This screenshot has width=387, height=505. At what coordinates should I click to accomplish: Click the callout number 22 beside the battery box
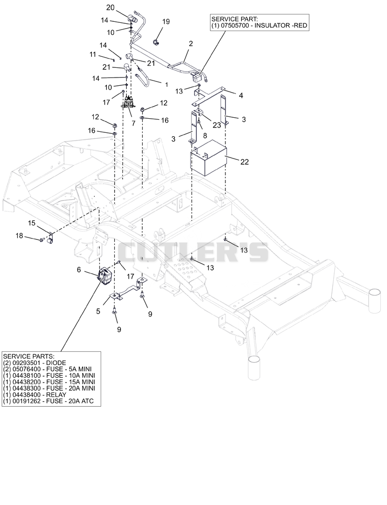[x=245, y=162]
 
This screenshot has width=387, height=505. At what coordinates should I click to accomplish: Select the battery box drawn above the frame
[x=209, y=158]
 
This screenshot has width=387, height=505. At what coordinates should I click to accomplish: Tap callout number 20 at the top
[x=110, y=7]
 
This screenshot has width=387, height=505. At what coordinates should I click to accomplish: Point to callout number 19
[x=166, y=22]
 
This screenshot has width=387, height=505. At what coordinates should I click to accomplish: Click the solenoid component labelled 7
[x=129, y=101]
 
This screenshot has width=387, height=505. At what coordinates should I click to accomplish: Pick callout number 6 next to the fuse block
[x=79, y=270]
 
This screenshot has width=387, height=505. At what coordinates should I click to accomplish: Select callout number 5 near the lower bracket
[x=98, y=311]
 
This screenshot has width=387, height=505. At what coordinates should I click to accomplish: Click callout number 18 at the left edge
[x=19, y=236]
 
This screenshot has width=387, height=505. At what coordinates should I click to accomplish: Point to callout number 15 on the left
[x=31, y=223]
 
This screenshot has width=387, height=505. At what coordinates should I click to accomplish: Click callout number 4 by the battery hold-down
[x=241, y=95]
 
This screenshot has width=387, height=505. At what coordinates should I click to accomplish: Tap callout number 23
[x=217, y=125]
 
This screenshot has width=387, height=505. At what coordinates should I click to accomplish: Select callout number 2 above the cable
[x=191, y=44]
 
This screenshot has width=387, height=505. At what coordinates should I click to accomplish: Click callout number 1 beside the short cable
[x=166, y=85]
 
